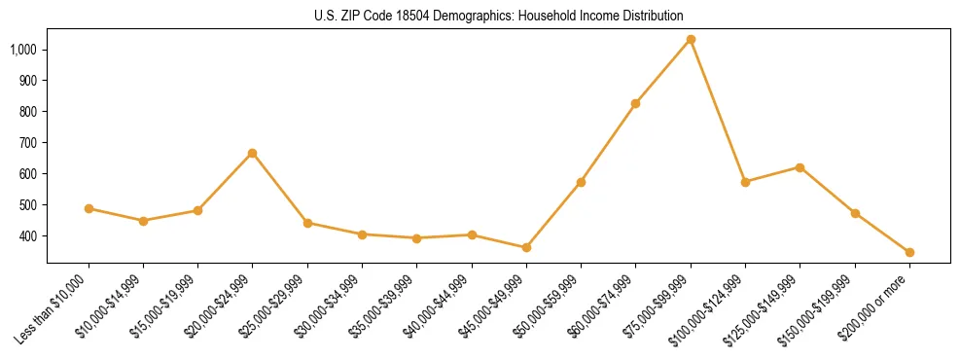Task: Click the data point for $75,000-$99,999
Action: click(691, 40)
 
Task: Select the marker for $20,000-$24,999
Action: click(253, 153)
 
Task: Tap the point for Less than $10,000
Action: click(89, 208)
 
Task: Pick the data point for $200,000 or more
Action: click(909, 252)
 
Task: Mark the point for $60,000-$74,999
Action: click(636, 103)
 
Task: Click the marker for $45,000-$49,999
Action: click(526, 247)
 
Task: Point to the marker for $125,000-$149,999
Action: click(800, 167)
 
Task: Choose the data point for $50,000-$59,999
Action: click(581, 182)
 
